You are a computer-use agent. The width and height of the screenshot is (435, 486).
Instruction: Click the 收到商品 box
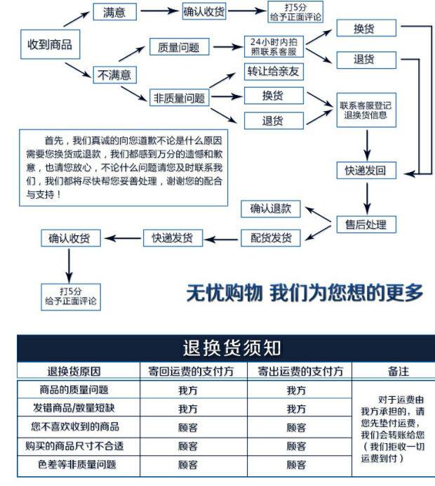(48, 45)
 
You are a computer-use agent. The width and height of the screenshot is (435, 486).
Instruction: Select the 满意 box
(114, 12)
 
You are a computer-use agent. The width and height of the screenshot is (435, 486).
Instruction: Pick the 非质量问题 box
(180, 98)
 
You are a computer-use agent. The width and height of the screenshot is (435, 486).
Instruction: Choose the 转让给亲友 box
(273, 71)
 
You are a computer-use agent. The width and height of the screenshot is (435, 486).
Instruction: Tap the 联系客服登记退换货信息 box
(365, 110)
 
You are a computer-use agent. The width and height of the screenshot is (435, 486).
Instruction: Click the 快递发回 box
(365, 170)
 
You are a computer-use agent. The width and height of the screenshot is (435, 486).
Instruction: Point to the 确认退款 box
(270, 209)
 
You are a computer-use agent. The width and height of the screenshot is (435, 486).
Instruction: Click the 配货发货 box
(271, 237)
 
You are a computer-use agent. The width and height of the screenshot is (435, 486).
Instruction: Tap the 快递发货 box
(173, 237)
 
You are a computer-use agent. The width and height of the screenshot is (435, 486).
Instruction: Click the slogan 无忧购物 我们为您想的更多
(304, 292)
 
